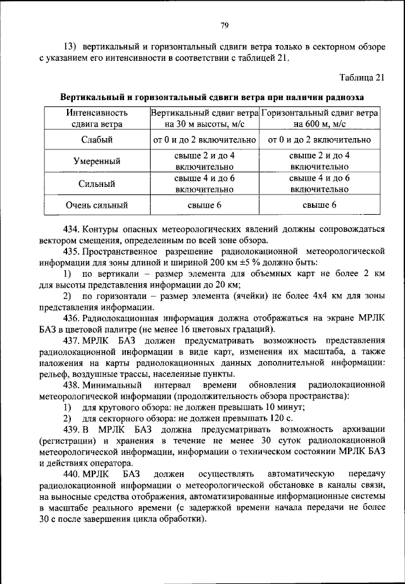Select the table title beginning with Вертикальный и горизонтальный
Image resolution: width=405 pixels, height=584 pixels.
click(x=212, y=98)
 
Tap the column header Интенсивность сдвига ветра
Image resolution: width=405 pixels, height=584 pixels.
click(x=97, y=118)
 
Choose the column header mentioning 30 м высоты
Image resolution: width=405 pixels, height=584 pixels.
click(x=204, y=118)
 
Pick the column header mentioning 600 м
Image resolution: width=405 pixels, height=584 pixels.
click(x=319, y=118)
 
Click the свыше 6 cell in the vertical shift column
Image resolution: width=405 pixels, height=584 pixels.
click(x=204, y=205)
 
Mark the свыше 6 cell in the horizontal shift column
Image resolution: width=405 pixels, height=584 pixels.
click(x=319, y=205)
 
